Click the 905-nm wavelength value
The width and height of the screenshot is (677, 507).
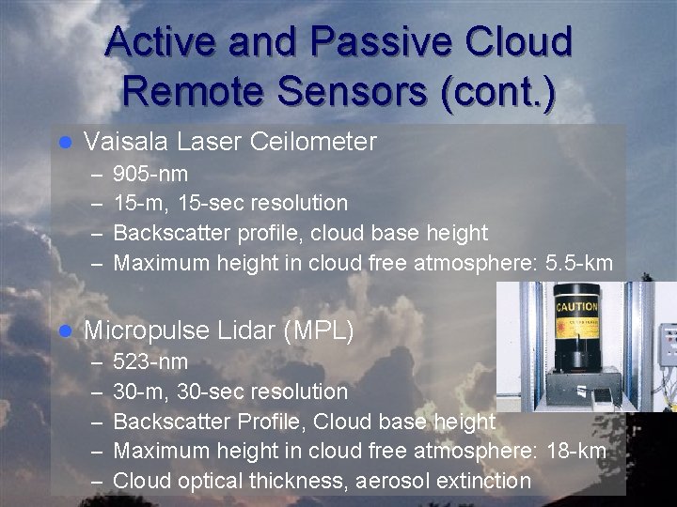point(150,174)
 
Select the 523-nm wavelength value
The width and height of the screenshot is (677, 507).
point(150,361)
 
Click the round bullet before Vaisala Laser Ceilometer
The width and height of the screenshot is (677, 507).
point(65,143)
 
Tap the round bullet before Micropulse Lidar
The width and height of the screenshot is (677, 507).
point(65,330)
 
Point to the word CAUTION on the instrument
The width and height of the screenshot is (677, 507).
point(575,307)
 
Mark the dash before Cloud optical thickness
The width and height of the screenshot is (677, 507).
point(97,481)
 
